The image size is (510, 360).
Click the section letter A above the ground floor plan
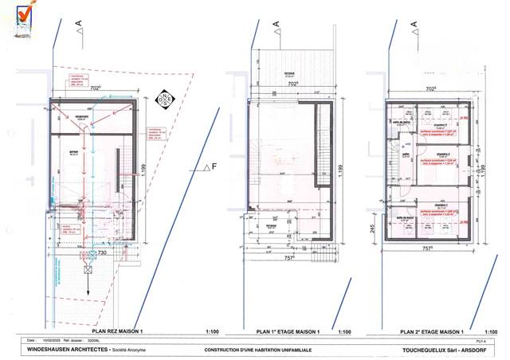click(x=78, y=25)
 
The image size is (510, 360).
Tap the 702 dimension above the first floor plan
click(x=292, y=83)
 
